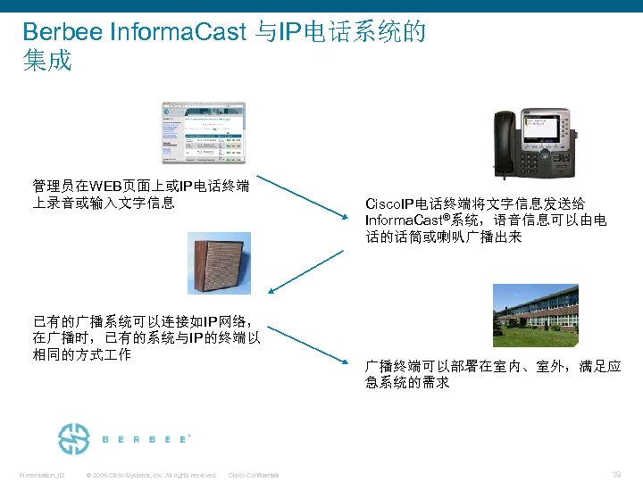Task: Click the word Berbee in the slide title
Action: (x=62, y=33)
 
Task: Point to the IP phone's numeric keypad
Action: (x=544, y=161)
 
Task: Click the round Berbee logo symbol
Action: (x=73, y=439)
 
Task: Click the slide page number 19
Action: (x=617, y=474)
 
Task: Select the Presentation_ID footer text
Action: (x=42, y=475)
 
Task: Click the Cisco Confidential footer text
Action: (x=254, y=475)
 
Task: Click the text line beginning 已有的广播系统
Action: (x=143, y=321)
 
